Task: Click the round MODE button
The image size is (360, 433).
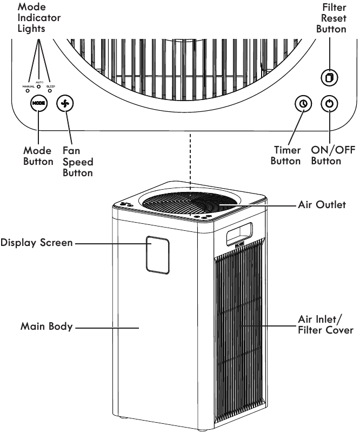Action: pos(38,103)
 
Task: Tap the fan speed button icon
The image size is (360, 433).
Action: pos(65,103)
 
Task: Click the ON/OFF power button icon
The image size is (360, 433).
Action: pos(329,103)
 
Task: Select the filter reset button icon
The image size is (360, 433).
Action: pos(329,77)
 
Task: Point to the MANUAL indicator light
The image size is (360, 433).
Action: pos(28,90)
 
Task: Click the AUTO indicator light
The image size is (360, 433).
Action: pos(39,86)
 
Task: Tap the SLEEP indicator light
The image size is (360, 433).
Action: pos(50,90)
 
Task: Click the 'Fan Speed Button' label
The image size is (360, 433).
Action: pos(78,162)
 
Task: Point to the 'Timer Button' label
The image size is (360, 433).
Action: pos(286,156)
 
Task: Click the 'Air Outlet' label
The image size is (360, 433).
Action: pos(322,205)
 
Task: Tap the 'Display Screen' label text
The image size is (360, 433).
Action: pos(36,243)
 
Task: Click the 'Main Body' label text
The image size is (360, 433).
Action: pos(46,327)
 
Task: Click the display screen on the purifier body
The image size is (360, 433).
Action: pos(157,254)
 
